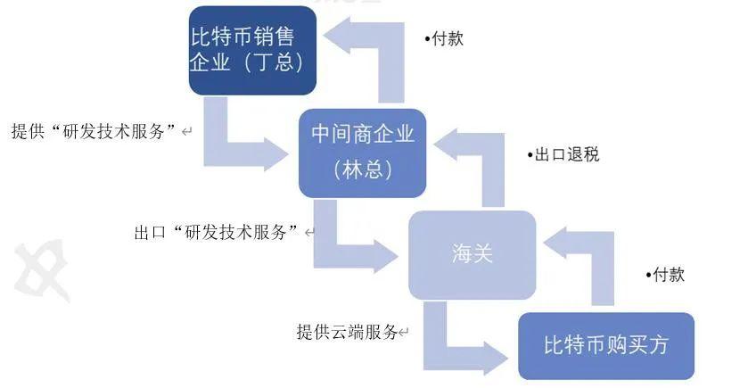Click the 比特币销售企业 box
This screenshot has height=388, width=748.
coord(253,50)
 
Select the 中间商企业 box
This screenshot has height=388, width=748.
coord(362,151)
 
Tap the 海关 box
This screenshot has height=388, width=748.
coord(472,254)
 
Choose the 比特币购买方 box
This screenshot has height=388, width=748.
coord(605,345)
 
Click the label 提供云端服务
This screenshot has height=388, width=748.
coord(347,332)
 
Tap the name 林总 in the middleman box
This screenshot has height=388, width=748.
coord(362,169)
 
